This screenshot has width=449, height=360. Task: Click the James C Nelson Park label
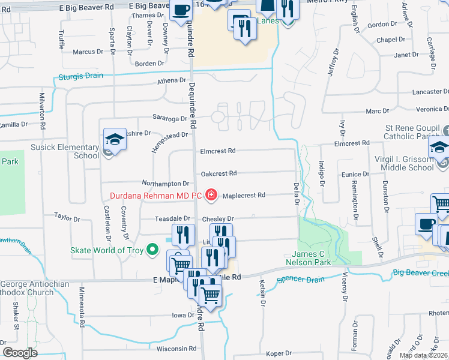coord(312,258)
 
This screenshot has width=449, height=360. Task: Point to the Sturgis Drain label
coord(80,76)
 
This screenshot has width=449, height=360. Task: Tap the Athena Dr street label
coord(172,80)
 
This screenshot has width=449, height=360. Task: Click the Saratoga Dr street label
coord(171,119)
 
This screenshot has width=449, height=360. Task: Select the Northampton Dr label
coord(166,183)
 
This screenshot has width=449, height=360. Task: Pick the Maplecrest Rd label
coord(243,196)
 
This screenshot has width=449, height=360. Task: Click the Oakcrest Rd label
coord(218,173)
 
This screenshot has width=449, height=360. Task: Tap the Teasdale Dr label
coord(172,219)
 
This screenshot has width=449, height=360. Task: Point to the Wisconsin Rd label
coord(176,349)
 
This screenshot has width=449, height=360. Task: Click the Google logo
coord(20,352)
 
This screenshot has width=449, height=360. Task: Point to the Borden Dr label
coord(149,64)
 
